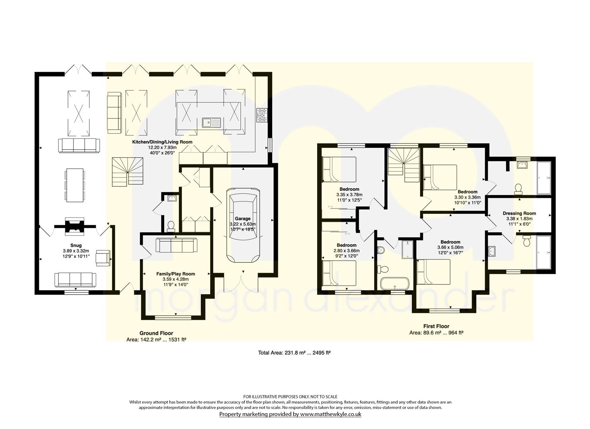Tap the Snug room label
point(76,245)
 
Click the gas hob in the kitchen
point(261,115)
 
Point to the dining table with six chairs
point(75,185)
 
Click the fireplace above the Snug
point(75,226)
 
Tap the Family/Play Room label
point(176,274)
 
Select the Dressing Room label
point(519,213)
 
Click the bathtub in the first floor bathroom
point(395,283)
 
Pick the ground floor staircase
point(128,172)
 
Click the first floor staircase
point(404,165)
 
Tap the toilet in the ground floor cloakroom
point(171,226)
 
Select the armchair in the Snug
point(103,258)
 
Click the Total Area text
point(294,353)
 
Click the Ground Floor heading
point(156,333)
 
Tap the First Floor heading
point(436,326)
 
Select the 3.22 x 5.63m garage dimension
point(243,224)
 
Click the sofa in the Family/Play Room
point(176,245)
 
